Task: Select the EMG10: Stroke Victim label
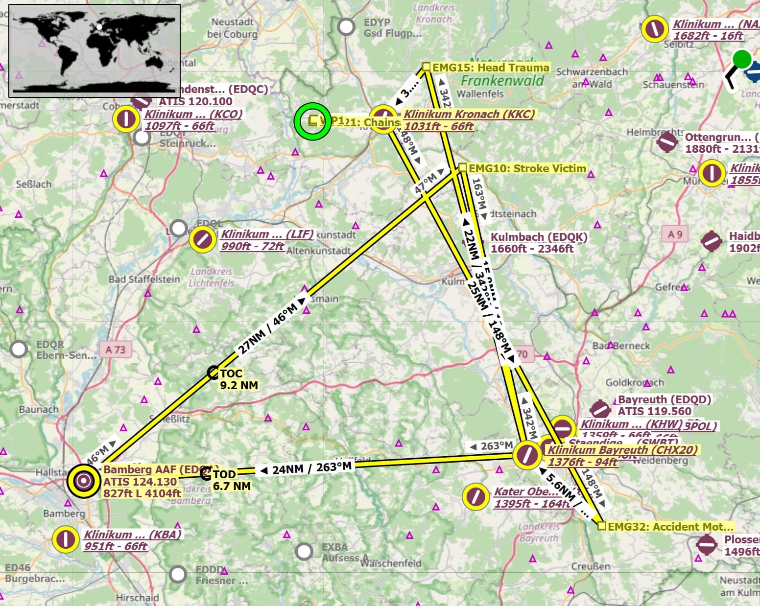pyautogui.click(x=527, y=168)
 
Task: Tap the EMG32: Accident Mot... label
pyautogui.click(x=670, y=527)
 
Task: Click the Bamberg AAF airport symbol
pyautogui.click(x=84, y=481)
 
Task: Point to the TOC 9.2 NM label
pyautogui.click(x=238, y=379)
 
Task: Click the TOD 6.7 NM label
pyautogui.click(x=232, y=480)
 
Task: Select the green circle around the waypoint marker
pyautogui.click(x=312, y=121)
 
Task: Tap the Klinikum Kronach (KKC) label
pyautogui.click(x=469, y=120)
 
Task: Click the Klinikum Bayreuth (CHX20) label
pyautogui.click(x=622, y=455)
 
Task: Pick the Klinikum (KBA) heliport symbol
pyautogui.click(x=66, y=539)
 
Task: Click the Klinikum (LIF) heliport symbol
pyautogui.click(x=202, y=239)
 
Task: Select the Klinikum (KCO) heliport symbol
pyautogui.click(x=126, y=118)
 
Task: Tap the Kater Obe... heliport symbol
pyautogui.click(x=475, y=496)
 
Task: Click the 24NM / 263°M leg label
pyautogui.click(x=306, y=468)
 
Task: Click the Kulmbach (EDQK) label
pyautogui.click(x=539, y=242)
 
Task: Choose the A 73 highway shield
pyautogui.click(x=115, y=350)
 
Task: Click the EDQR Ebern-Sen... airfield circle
pyautogui.click(x=19, y=349)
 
